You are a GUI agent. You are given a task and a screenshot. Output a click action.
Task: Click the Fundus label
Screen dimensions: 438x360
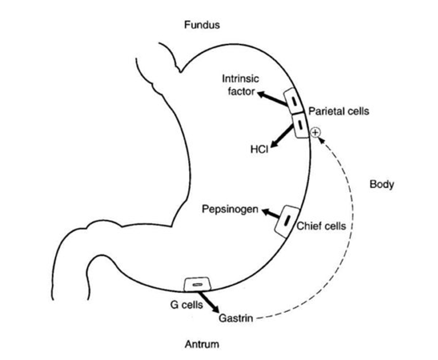[x=202, y=25]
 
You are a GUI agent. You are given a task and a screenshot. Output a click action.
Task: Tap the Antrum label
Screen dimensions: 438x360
[x=202, y=344]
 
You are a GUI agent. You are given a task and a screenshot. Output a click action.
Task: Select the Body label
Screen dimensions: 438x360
[x=382, y=185]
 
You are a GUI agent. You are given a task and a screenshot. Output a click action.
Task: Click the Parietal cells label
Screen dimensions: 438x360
[x=339, y=111]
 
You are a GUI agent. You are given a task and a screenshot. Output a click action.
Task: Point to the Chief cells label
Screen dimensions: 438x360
[x=321, y=226]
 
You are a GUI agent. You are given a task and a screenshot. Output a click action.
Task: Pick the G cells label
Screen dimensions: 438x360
[x=187, y=305]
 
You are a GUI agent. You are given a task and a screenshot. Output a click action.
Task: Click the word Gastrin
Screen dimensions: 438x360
[x=235, y=318]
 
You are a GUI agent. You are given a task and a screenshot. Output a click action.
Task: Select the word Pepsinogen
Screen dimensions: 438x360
[x=230, y=210]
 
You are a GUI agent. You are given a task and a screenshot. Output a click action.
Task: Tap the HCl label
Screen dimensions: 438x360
[x=259, y=150]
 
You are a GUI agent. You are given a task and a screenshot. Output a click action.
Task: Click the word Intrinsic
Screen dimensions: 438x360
[x=240, y=78]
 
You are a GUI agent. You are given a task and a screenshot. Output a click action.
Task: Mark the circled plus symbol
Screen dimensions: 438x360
[x=315, y=132]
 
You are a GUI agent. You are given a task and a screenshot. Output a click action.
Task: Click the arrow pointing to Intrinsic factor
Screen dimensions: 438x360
[x=271, y=98]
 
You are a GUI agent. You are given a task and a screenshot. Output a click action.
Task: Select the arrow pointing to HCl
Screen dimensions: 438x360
[x=283, y=137]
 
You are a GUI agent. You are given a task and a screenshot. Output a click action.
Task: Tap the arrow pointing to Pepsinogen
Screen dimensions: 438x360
[x=271, y=214]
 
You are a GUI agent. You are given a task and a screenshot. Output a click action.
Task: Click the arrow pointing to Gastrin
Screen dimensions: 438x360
[x=209, y=302]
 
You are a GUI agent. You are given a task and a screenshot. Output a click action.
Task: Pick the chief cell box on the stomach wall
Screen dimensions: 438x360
[x=287, y=222]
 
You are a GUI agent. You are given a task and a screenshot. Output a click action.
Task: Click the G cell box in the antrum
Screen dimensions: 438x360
[x=197, y=284]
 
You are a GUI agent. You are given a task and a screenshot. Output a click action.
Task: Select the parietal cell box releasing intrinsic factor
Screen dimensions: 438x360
[x=294, y=101]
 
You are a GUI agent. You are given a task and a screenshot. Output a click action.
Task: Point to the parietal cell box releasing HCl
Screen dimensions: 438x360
[x=300, y=125]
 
